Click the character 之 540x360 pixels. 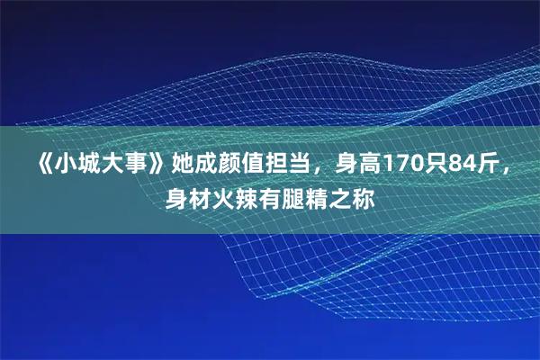(342, 196)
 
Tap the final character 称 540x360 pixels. (365, 196)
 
